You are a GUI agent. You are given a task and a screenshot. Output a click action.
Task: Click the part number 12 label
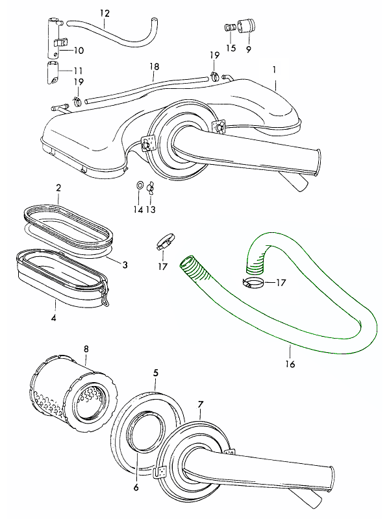point(105,14)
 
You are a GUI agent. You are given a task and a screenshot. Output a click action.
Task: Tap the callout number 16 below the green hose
point(290,364)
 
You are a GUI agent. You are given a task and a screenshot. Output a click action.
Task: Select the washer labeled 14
point(140,186)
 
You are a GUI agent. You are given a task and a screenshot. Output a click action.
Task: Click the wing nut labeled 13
point(150,187)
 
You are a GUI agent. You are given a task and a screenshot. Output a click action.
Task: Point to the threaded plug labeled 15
point(230,28)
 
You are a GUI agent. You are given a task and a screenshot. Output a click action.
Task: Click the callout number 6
point(136,487)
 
